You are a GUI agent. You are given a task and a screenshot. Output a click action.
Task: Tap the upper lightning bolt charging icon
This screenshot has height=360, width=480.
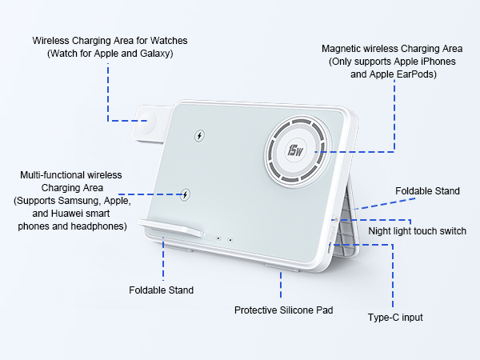(x=199, y=135)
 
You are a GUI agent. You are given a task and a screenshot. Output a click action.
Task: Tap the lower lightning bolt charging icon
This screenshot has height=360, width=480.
(x=186, y=193)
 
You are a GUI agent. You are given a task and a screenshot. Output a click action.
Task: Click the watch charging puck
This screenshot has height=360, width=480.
(x=149, y=120)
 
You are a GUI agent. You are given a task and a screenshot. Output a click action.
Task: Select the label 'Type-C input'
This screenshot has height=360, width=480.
(x=395, y=318)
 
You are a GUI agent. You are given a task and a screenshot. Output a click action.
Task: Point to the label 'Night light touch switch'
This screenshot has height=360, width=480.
(x=417, y=231)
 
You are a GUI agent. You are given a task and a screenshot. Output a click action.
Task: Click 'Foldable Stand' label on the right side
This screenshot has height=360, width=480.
(x=427, y=191)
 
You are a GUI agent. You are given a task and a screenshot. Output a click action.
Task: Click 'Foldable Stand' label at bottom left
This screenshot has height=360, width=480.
(x=161, y=290)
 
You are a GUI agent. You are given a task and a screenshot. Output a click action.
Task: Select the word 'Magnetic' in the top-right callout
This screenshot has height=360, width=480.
(x=342, y=49)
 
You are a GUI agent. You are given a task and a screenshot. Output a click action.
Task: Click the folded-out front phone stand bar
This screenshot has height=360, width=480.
(x=172, y=228)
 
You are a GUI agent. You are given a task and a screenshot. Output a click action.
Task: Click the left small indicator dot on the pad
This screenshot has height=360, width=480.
(x=217, y=238)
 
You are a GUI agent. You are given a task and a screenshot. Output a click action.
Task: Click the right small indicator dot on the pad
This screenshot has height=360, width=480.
(x=230, y=239)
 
